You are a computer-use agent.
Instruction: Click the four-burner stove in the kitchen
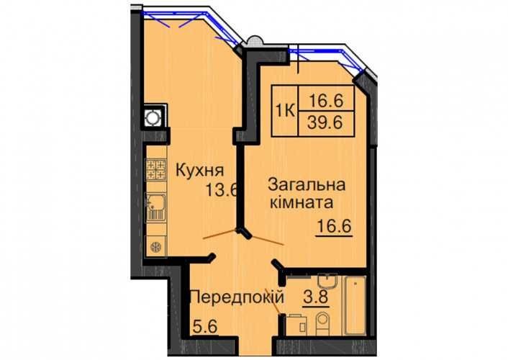click(155, 170)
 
